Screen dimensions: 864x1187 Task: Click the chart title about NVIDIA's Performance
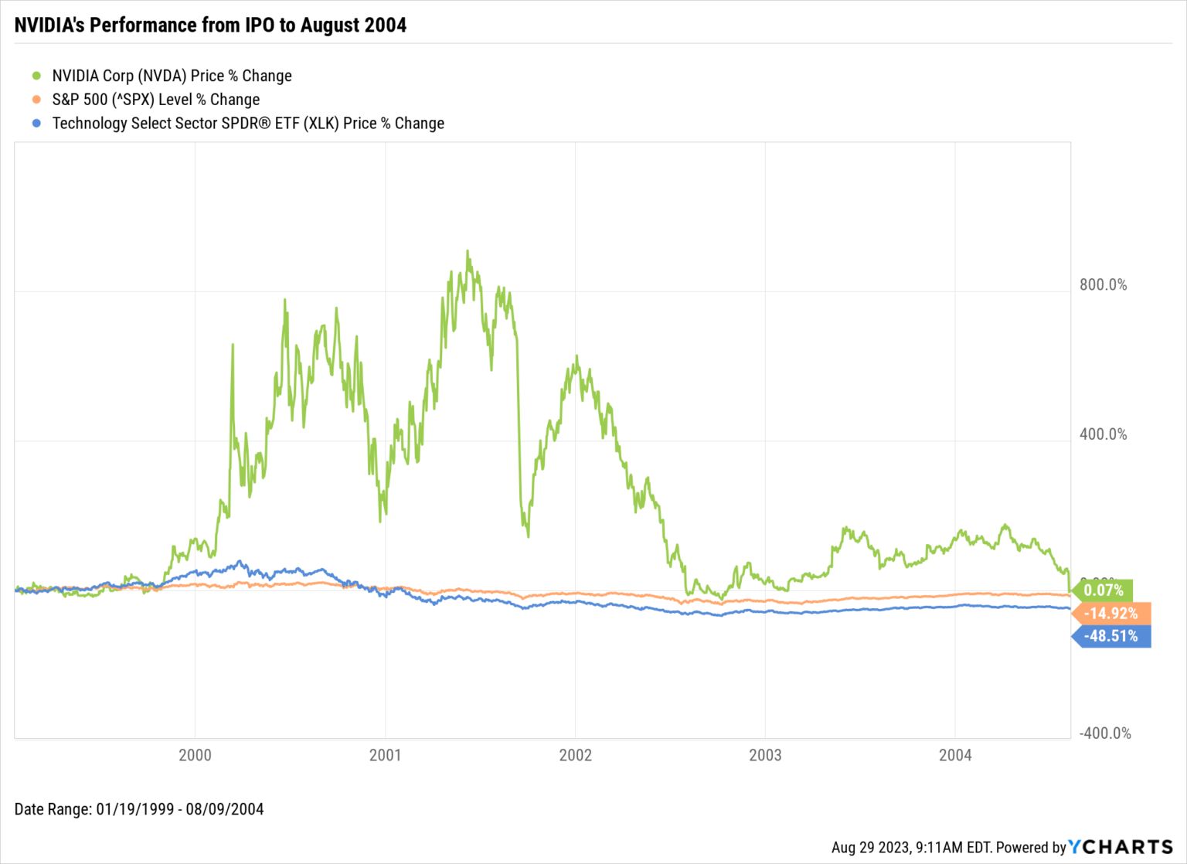210,26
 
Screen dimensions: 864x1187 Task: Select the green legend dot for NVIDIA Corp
36,76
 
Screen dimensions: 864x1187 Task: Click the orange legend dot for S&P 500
36,100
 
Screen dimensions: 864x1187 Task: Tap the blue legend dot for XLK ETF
36,124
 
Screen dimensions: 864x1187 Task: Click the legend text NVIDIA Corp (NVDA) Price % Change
172,76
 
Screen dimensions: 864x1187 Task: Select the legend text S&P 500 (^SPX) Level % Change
155,100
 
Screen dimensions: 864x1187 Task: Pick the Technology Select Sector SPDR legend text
248,124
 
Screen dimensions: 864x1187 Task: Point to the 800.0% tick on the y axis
1103,285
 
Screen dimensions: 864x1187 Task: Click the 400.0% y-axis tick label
1103,434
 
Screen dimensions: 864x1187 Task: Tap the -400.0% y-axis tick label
1104,733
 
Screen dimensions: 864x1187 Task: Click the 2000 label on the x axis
195,756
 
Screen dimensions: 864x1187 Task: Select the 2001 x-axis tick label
385,756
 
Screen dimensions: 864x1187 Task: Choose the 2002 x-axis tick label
575,756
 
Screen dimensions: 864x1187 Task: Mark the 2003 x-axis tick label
765,756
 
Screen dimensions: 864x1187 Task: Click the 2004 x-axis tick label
955,756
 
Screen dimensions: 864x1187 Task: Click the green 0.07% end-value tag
1104,590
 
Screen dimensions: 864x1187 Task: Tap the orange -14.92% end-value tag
1111,614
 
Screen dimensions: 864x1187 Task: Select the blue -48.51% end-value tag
1111,636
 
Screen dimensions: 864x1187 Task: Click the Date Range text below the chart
139,809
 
